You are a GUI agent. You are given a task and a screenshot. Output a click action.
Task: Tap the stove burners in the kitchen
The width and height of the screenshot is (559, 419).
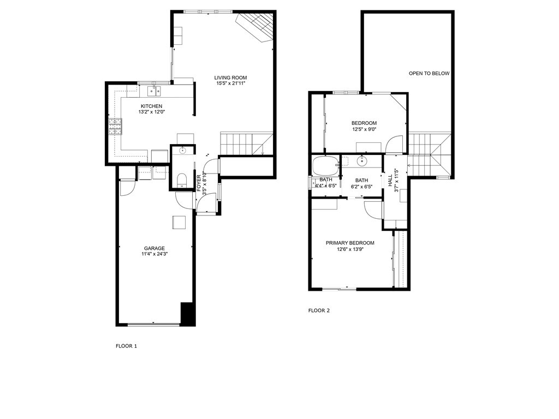click(115, 127)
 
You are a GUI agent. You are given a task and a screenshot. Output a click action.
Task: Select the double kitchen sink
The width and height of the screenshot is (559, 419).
click(156, 90)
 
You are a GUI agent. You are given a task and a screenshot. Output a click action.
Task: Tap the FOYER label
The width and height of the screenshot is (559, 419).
click(199, 181)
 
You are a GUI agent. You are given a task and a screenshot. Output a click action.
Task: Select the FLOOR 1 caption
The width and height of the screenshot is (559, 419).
click(127, 346)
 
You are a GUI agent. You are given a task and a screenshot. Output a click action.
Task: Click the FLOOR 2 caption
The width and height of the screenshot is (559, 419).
click(319, 310)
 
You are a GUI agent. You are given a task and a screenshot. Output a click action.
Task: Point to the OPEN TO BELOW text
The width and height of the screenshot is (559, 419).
click(429, 73)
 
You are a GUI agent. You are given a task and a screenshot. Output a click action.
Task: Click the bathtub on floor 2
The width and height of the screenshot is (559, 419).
click(325, 164)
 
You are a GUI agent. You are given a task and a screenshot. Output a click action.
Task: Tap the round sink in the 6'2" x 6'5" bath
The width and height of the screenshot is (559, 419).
click(361, 160)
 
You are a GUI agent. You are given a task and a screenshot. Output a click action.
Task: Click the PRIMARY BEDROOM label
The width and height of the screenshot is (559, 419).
click(350, 243)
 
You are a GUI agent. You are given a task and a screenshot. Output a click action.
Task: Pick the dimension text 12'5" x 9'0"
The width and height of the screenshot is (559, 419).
click(364, 129)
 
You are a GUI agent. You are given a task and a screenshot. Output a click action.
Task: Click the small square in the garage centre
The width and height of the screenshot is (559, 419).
click(179, 222)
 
